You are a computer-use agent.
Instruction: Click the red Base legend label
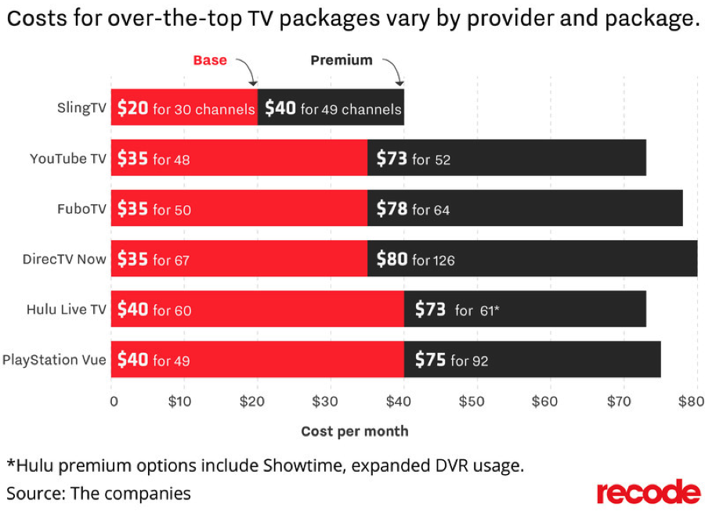click(x=210, y=60)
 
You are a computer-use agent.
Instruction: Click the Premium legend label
click(x=342, y=60)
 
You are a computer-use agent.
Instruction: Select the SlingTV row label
click(x=81, y=108)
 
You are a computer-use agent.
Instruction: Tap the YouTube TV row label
click(x=68, y=159)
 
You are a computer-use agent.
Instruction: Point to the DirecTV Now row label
click(x=64, y=259)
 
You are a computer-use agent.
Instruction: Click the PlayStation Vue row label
click(x=54, y=360)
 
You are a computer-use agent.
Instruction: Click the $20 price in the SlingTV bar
click(x=132, y=108)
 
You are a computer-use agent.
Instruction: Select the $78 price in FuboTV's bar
click(x=392, y=209)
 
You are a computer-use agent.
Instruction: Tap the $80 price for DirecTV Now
click(x=392, y=259)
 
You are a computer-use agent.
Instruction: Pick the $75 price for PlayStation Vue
click(x=430, y=360)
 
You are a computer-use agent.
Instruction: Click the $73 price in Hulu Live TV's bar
click(x=430, y=309)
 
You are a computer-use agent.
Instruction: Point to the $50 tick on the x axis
click(x=472, y=401)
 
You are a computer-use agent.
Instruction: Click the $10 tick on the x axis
click(x=179, y=401)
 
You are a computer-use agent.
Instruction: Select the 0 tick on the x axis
click(x=114, y=401)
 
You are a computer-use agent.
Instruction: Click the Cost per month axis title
click(x=355, y=431)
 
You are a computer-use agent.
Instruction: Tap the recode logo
click(x=649, y=491)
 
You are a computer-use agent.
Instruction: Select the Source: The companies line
click(x=99, y=494)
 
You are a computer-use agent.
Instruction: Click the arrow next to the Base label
click(x=248, y=70)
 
